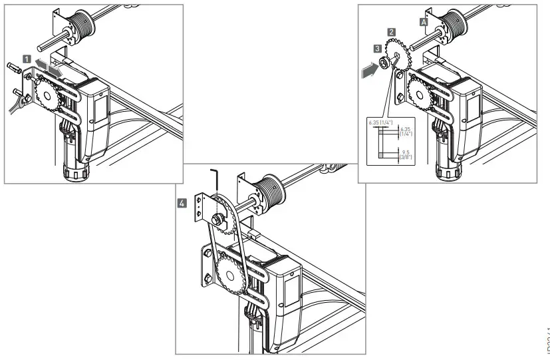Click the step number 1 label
click(27, 59)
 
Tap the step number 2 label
click(393, 31)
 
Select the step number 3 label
click(377, 49)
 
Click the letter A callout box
click(423, 22)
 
